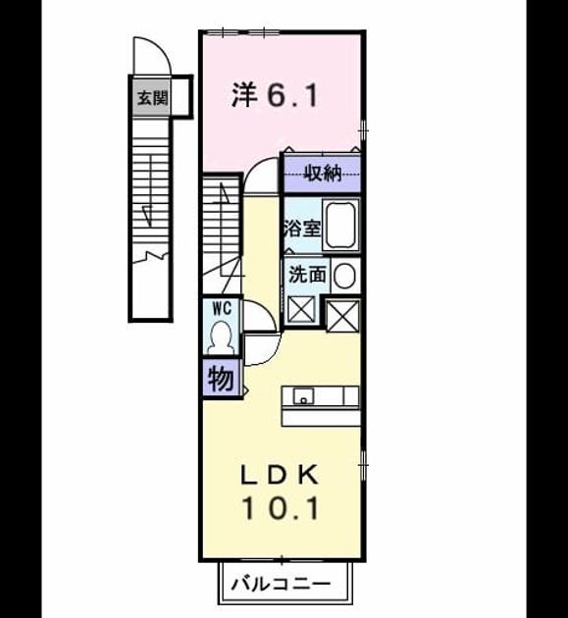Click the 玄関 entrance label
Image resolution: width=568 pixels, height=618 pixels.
coord(152,97)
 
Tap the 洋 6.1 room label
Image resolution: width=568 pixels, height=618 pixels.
coord(275,95)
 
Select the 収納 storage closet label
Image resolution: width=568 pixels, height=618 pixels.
coord(323,173)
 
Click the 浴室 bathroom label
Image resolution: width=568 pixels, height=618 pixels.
coord(302,229)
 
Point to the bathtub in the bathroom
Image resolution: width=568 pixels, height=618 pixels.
coord(340,225)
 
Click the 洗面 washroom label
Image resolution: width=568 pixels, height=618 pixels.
coord(307,275)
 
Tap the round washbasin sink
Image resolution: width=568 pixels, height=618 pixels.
coord(344,276)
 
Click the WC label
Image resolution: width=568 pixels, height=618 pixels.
coord(222,309)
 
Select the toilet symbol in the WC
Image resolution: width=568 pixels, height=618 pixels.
coord(221,337)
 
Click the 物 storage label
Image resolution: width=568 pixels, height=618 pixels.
coord(221,379)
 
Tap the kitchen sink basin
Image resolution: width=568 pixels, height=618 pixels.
coord(303,395)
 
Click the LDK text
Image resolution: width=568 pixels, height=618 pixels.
coord(280,475)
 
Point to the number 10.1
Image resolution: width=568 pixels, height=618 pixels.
coord(280,508)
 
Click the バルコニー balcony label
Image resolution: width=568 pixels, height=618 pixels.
coord(281,583)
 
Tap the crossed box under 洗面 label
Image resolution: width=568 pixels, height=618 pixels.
coord(301,310)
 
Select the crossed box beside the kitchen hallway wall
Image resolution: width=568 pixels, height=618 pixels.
coord(343,315)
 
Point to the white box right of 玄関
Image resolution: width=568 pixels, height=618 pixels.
coord(181,97)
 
